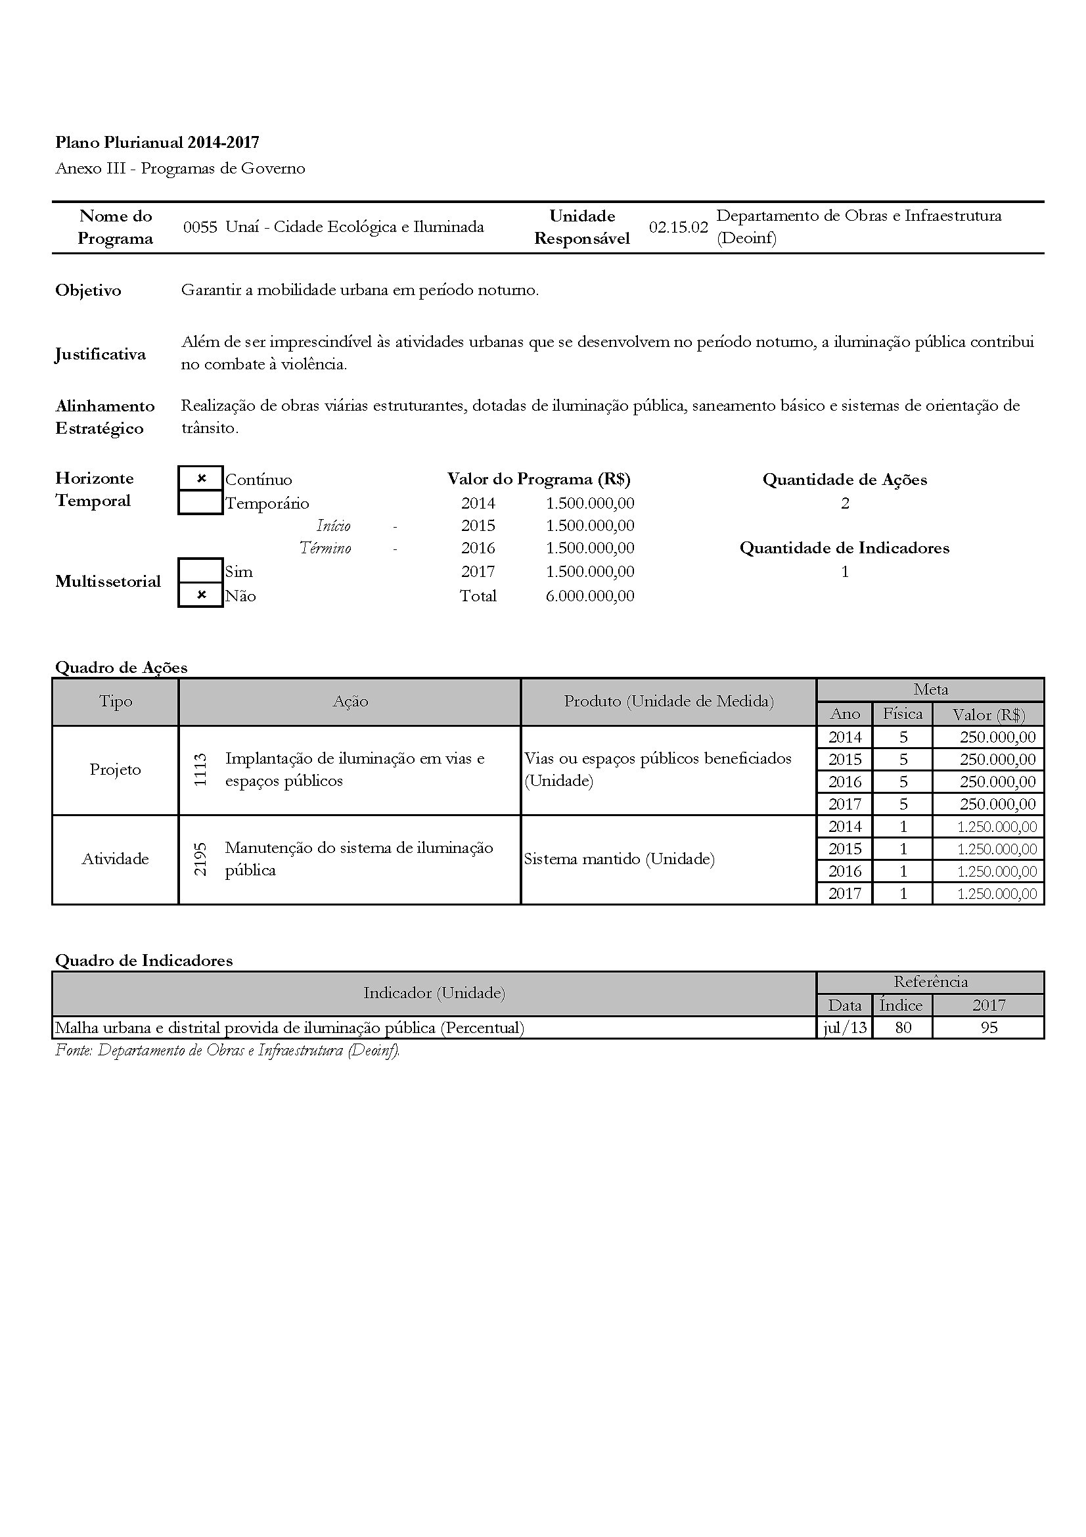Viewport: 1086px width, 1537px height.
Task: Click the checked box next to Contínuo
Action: [201, 478]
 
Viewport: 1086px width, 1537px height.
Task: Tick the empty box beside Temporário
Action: [201, 503]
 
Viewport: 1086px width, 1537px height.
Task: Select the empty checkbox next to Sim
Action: [201, 571]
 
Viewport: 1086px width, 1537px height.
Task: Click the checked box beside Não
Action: [201, 595]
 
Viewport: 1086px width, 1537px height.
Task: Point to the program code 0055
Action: [200, 227]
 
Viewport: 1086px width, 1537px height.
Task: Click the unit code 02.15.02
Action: [678, 227]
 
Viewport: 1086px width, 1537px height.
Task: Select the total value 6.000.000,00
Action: [589, 596]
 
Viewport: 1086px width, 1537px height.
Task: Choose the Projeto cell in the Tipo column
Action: [115, 770]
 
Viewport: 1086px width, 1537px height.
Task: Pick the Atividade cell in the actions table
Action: [115, 859]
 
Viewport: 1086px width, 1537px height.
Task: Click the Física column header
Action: [903, 714]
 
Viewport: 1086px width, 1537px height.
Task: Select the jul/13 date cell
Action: [844, 1028]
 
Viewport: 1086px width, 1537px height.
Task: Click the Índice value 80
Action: [903, 1028]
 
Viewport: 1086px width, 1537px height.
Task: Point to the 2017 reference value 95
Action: [988, 1028]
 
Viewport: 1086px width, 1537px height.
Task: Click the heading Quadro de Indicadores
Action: [144, 961]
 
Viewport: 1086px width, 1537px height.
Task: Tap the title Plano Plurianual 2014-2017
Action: [157, 142]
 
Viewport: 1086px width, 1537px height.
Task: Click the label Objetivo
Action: [88, 290]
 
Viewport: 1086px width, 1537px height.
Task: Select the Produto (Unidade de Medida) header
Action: [668, 701]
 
